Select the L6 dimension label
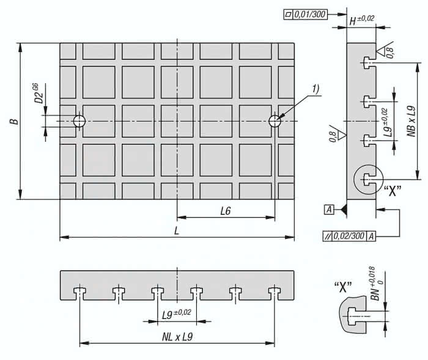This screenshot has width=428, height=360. click(x=225, y=211)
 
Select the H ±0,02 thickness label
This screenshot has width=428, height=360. click(x=361, y=20)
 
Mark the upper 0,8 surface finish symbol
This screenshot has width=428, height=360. click(x=387, y=53)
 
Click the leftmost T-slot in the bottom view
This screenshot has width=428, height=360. click(x=79, y=292)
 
